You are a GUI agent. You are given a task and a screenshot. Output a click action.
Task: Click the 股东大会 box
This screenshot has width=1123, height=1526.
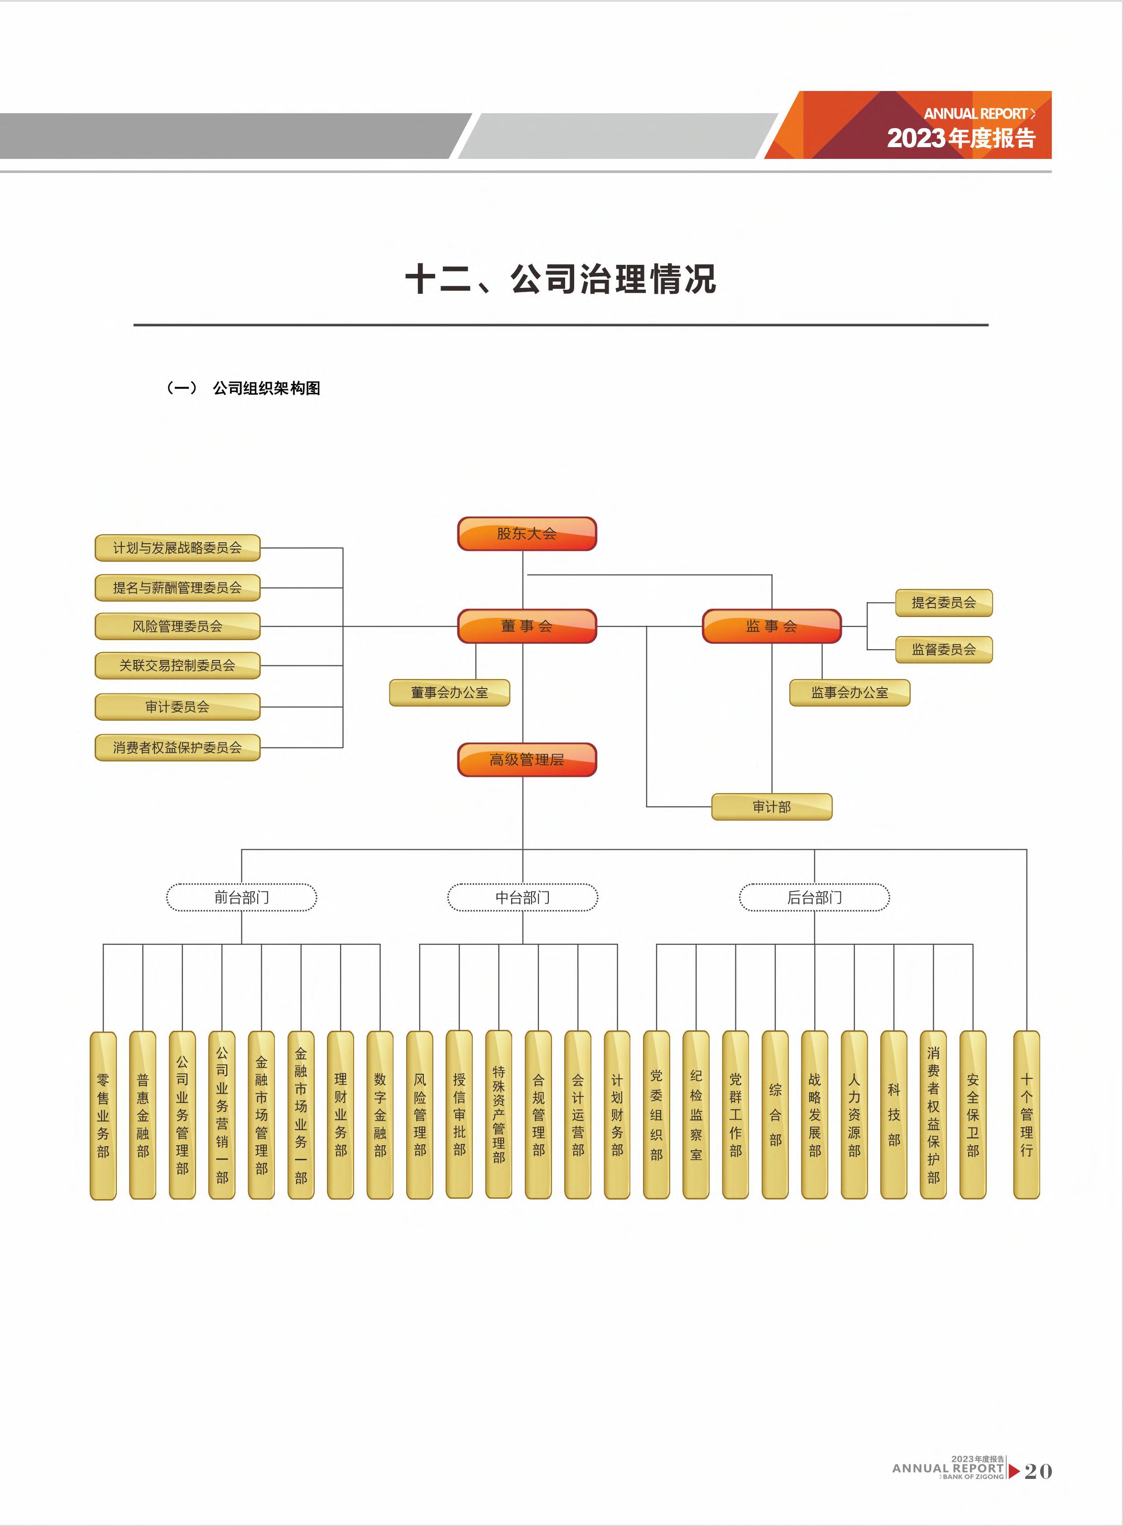click(x=526, y=533)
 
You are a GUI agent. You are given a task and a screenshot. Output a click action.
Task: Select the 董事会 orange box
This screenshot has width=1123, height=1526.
click(x=526, y=626)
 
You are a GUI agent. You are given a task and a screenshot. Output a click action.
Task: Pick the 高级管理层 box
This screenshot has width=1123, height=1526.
click(x=526, y=760)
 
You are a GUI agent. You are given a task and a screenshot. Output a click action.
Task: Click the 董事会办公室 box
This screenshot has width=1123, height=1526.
click(x=449, y=692)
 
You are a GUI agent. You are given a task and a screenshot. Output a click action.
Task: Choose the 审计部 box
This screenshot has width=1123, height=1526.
click(x=772, y=807)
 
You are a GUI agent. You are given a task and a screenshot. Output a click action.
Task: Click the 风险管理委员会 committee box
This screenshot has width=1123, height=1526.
click(x=178, y=626)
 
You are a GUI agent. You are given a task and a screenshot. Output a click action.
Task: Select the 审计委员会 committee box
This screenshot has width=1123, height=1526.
click(x=178, y=707)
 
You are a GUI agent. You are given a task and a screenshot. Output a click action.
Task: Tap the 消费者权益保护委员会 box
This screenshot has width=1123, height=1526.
click(x=178, y=747)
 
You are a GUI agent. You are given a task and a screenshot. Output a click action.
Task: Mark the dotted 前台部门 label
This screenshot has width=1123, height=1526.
click(x=241, y=897)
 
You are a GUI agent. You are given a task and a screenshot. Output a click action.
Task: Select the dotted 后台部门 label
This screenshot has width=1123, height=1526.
click(x=814, y=897)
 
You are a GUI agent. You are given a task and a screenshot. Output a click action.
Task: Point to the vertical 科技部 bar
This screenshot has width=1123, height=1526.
click(x=893, y=1114)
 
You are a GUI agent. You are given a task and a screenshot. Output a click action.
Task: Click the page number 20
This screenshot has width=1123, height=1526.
click(x=1037, y=1471)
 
